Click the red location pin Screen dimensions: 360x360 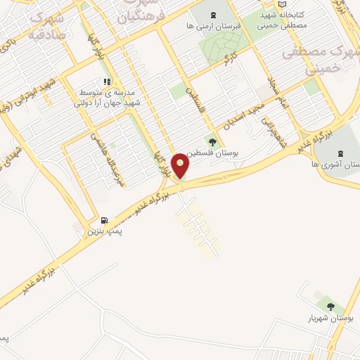click(x=181, y=165)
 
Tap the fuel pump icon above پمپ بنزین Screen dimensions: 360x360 click(x=105, y=220)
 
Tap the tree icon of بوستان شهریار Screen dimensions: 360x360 click(x=330, y=306)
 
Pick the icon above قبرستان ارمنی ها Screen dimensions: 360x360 click(x=214, y=15)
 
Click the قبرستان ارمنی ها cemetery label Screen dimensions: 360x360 click(x=214, y=25)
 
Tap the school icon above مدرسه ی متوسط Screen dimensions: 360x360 click(x=107, y=82)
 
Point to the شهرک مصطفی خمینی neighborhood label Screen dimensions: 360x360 click(x=321, y=58)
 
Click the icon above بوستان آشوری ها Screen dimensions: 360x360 click(x=340, y=153)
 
